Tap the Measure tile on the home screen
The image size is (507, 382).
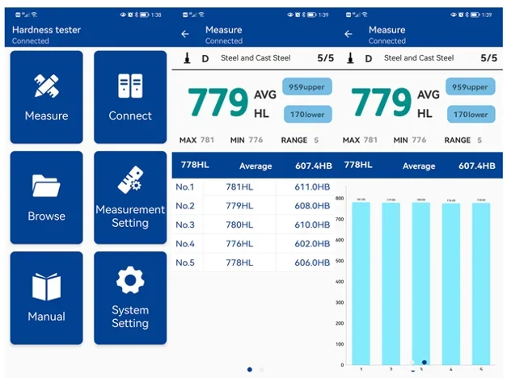pos(46,97)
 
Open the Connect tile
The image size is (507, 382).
pos(130,97)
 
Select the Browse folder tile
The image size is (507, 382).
pos(46,197)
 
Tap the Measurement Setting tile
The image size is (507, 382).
pos(130,197)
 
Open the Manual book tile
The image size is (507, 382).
pos(46,297)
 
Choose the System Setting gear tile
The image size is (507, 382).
pos(130,297)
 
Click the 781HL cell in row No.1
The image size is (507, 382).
pos(239,187)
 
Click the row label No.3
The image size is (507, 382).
pos(185,225)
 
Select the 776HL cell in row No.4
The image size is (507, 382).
pos(239,243)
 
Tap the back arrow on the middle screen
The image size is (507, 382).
pos(185,34)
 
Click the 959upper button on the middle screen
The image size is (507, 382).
pos(307,87)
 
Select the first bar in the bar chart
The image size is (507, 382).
pos(361,283)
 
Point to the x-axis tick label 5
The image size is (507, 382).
pos(481,369)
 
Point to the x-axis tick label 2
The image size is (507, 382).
pos(391,369)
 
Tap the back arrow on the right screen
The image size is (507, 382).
pos(349,34)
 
